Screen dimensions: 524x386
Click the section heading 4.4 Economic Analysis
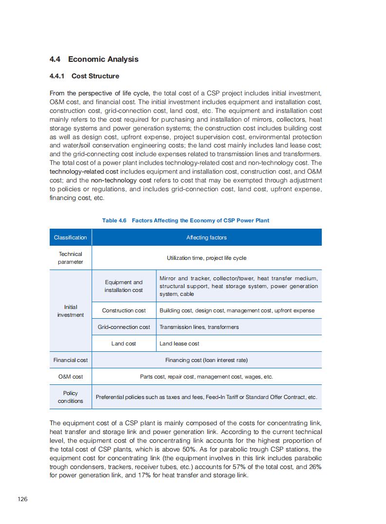[x=94, y=59]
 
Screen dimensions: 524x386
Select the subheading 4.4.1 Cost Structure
[x=84, y=76]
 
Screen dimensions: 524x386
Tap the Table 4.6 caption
[x=185, y=220]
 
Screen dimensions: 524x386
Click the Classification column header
[x=71, y=237]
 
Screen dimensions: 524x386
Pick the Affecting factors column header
[x=206, y=237]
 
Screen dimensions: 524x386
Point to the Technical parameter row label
[x=71, y=258]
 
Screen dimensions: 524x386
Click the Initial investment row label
[x=71, y=311]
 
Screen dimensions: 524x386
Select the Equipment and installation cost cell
[x=124, y=286]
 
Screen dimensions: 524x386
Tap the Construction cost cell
[x=124, y=310]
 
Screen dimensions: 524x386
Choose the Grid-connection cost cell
[x=124, y=327]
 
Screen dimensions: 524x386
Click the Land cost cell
[x=124, y=343]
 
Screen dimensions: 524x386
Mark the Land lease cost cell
[x=180, y=343]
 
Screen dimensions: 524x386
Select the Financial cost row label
[x=71, y=360]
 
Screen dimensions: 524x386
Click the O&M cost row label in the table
[x=71, y=377]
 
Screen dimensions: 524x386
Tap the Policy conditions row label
[x=71, y=397]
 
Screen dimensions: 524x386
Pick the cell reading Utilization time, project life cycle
[x=206, y=258]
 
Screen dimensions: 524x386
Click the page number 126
[x=22, y=499]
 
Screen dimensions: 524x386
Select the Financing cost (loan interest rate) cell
[x=206, y=360]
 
